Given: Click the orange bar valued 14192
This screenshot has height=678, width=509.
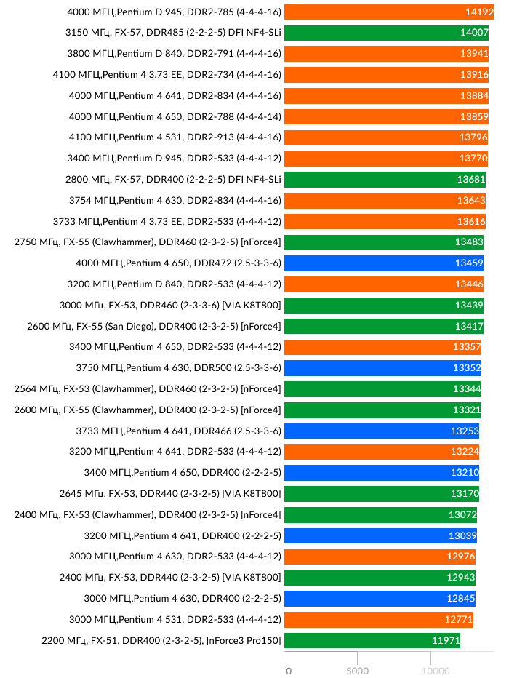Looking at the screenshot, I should (385, 12).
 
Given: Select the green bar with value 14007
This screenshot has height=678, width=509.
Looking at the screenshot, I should (385, 33).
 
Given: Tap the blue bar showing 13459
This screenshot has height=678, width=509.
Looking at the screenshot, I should (383, 263).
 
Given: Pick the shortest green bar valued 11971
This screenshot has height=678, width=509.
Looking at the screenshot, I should (372, 640).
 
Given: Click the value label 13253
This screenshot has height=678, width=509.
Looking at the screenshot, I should (465, 431).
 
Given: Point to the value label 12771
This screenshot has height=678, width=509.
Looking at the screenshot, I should (459, 619).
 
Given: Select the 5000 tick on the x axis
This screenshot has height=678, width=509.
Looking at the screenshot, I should (358, 670).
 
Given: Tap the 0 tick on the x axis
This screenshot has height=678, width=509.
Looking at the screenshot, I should (289, 670).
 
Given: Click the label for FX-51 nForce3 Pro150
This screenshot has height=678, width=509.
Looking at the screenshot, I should (162, 640).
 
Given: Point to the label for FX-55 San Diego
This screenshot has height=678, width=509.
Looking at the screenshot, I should (154, 326).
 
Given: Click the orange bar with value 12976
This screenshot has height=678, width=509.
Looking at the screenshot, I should (380, 557).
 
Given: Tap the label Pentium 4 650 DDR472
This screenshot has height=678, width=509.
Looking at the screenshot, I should (178, 263).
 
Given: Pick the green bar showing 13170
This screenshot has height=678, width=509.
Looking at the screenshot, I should (382, 494).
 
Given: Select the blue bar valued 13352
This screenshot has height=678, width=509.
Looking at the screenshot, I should (382, 368).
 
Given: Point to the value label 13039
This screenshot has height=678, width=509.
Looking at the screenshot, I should (462, 535).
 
